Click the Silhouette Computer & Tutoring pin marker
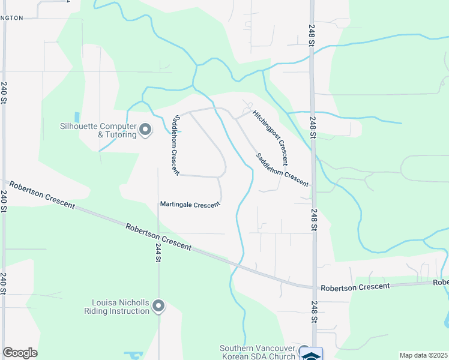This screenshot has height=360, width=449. click(145, 129)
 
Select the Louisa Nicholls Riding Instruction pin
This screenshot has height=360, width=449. click(158, 306)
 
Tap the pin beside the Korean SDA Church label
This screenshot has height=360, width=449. click(304, 350)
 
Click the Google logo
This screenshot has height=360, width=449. click(20, 353)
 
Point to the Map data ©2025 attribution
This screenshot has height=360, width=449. click(423, 355)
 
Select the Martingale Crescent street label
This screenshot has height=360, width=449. click(190, 205)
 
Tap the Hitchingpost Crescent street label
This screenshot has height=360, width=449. click(270, 137)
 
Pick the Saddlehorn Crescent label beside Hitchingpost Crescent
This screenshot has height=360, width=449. click(282, 170)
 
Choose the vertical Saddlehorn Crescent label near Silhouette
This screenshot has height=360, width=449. click(175, 145)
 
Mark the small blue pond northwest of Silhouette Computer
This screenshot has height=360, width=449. click(76, 117)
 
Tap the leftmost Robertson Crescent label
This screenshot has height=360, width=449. click(42, 196)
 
